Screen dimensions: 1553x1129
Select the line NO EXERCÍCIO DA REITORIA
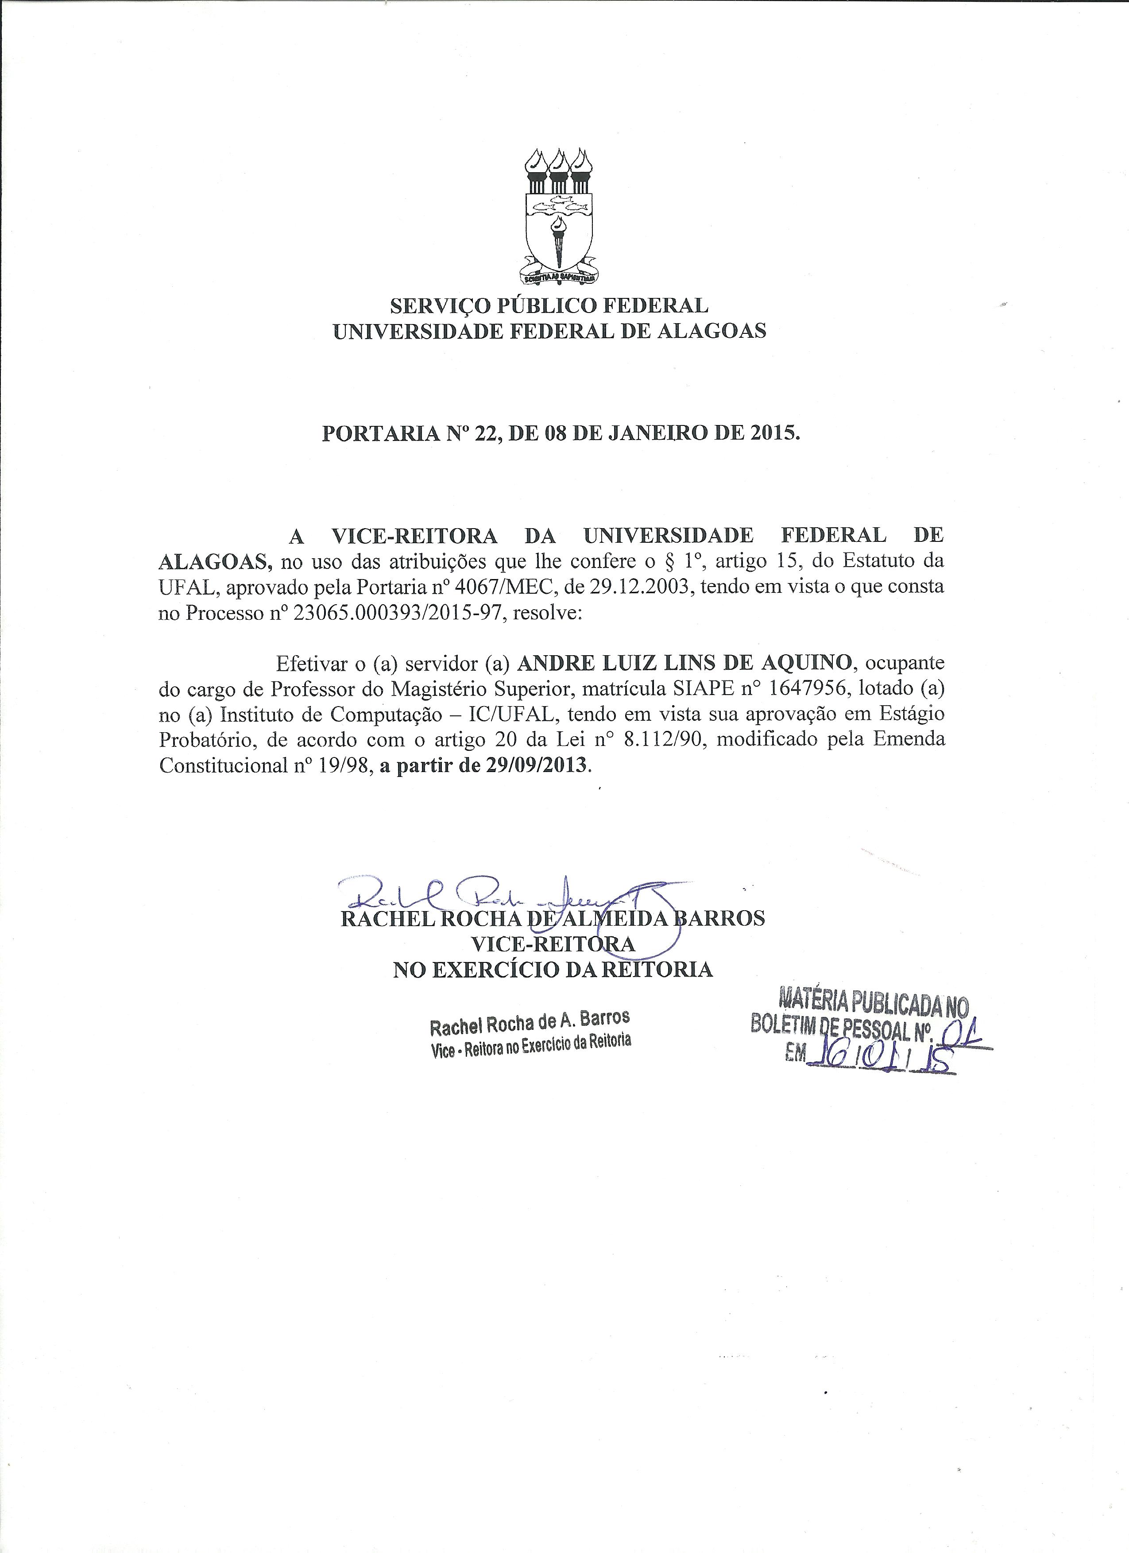(x=553, y=970)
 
